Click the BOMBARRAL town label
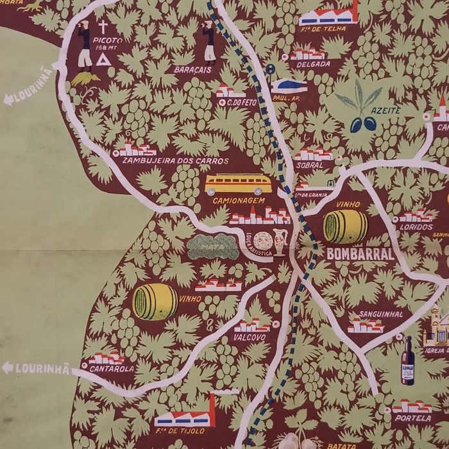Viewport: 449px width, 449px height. click(x=360, y=254)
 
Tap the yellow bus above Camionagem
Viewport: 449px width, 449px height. click(x=239, y=184)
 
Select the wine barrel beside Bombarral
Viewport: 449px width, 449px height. click(x=345, y=226)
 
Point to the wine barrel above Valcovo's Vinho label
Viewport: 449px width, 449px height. click(x=155, y=302)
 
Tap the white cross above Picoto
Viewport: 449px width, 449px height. click(x=103, y=26)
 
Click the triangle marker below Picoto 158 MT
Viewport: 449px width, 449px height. click(x=103, y=59)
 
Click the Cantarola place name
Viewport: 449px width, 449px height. click(x=112, y=369)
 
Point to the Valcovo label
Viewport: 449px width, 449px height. click(x=250, y=337)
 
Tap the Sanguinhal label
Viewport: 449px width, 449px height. click(x=381, y=314)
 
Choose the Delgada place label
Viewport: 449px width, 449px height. click(x=313, y=64)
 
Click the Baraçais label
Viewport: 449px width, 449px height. click(x=192, y=70)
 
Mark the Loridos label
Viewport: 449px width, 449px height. click(x=416, y=226)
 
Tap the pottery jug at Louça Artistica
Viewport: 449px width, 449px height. click(x=280, y=242)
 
